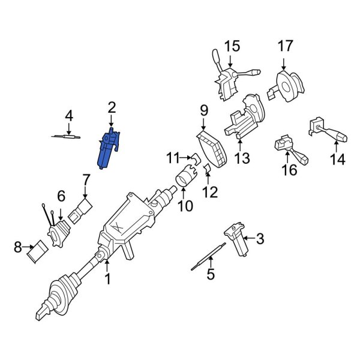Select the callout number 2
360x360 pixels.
click(x=111, y=107)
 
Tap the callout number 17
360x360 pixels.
click(x=285, y=46)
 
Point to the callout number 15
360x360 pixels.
click(x=232, y=46)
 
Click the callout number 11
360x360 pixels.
click(x=173, y=158)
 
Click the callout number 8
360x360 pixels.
click(x=17, y=246)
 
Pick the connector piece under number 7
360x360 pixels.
click(x=82, y=210)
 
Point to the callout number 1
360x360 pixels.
click(x=108, y=279)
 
